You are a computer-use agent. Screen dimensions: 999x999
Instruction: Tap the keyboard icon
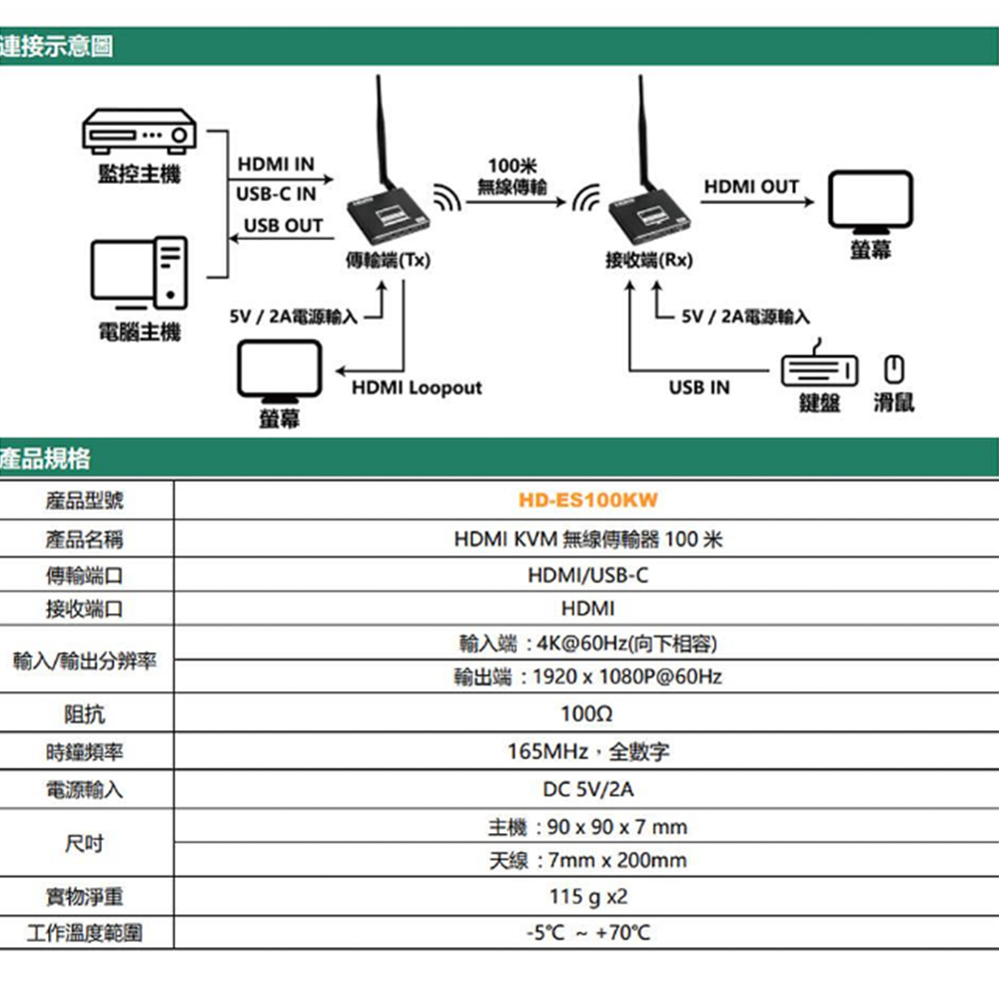[818, 371]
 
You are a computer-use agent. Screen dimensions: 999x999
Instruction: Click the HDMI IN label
[275, 164]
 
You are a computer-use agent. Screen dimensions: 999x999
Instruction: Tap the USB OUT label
[283, 226]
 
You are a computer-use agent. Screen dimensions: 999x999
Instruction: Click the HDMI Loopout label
[417, 388]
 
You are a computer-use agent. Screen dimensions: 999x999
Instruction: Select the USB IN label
[699, 388]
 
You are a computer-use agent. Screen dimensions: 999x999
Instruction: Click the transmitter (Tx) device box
[393, 215]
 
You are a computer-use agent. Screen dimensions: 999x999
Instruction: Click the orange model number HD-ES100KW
[588, 499]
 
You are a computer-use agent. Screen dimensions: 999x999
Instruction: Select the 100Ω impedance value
[587, 714]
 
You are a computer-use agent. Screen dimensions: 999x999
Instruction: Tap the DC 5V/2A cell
[587, 789]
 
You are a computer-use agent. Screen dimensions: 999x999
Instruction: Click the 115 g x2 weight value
[588, 896]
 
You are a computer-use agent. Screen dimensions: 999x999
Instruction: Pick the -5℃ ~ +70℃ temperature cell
[587, 933]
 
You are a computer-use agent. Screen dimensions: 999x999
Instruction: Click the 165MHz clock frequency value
[587, 751]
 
